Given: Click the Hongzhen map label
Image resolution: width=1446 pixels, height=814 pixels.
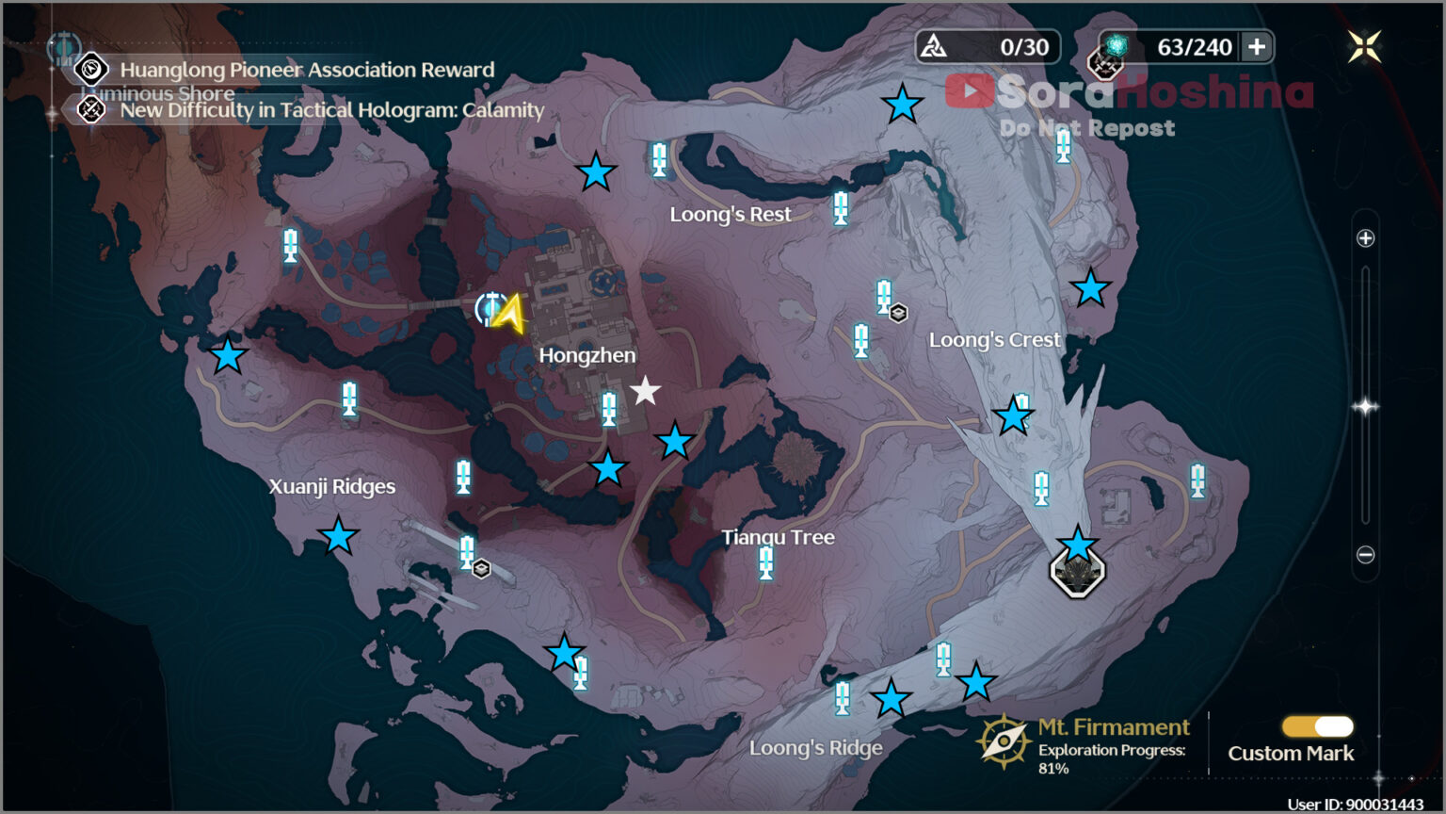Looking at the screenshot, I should (x=587, y=355).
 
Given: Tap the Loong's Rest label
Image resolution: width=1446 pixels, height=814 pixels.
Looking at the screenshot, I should (x=730, y=214).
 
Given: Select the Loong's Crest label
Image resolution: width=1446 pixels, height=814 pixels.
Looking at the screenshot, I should (x=994, y=339).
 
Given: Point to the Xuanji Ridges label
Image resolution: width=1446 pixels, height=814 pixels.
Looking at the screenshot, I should (x=331, y=486).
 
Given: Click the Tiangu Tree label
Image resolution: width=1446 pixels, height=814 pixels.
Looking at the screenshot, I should (x=778, y=537).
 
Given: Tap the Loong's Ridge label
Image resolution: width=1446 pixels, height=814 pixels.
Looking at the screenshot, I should (x=815, y=748).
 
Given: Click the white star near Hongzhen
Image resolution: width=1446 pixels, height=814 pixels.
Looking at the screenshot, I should (x=645, y=390).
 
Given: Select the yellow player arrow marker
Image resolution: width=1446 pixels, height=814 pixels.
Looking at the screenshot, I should (x=510, y=314).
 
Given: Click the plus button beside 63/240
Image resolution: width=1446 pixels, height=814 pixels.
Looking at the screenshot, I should (x=1257, y=47).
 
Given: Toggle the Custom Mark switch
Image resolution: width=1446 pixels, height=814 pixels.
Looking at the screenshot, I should (x=1318, y=726).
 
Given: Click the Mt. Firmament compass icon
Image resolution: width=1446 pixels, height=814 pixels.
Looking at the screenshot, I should (x=1004, y=741).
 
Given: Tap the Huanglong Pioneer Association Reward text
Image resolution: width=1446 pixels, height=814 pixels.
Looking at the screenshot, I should (x=307, y=70).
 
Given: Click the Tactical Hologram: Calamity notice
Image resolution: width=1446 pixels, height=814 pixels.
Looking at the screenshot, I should (x=331, y=110).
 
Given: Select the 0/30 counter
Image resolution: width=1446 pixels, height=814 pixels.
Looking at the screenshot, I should (x=1023, y=47).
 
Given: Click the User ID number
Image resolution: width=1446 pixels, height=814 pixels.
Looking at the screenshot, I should (x=1383, y=805).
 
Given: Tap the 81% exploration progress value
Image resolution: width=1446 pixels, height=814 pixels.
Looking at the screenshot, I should (x=1053, y=769).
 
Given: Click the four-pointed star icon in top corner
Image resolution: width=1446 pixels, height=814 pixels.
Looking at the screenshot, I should (x=1364, y=46).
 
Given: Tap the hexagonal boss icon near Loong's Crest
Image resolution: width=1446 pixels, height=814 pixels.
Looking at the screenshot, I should (x=1077, y=572).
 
